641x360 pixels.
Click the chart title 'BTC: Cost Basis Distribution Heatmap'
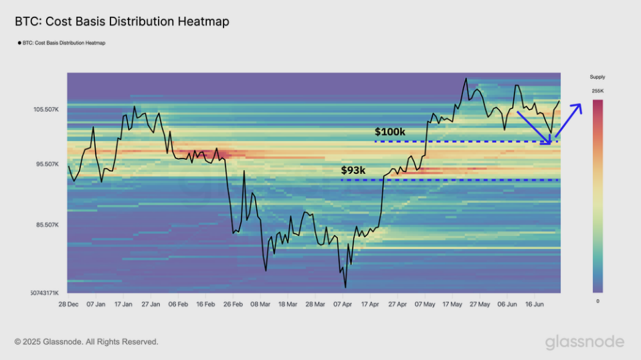tap(122, 21)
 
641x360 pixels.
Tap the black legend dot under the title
tap(19, 43)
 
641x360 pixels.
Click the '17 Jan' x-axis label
tap(123, 304)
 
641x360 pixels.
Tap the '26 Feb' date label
tap(233, 304)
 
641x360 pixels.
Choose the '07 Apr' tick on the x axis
tap(343, 304)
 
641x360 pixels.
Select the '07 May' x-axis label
tap(425, 304)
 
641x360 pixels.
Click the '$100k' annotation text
tap(390, 132)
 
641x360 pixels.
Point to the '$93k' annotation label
tap(353, 171)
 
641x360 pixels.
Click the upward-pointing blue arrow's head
tap(579, 106)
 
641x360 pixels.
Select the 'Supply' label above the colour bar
tap(597, 77)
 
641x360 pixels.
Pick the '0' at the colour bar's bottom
tap(597, 301)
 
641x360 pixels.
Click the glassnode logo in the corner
tap(584, 342)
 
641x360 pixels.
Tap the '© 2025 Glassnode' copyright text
tap(86, 342)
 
